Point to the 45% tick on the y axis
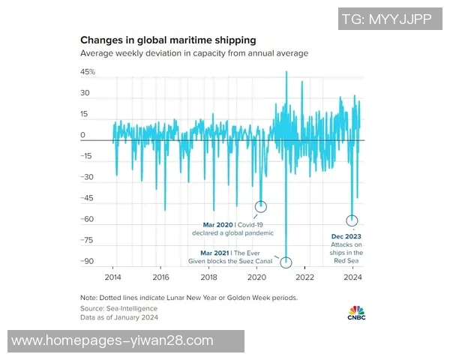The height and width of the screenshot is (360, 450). pos(88,72)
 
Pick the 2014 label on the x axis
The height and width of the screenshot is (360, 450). pos(113,277)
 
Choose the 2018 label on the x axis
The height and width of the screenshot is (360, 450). pos(209,277)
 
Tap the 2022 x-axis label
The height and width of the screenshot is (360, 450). pos(304,277)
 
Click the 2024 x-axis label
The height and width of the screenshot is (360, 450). pos(352,277)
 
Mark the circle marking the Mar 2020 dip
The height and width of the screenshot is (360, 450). pos(261,206)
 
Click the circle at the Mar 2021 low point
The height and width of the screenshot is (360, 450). pos(286,262)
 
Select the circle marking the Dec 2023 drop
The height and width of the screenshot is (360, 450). pos(352,220)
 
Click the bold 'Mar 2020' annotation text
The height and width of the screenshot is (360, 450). pos(219,224)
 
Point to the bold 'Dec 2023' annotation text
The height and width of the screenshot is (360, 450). pos(346,236)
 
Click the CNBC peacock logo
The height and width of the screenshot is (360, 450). pos(356,311)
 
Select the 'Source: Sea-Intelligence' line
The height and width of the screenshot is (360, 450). pos(119,308)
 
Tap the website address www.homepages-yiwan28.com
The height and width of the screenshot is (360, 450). pos(112,340)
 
